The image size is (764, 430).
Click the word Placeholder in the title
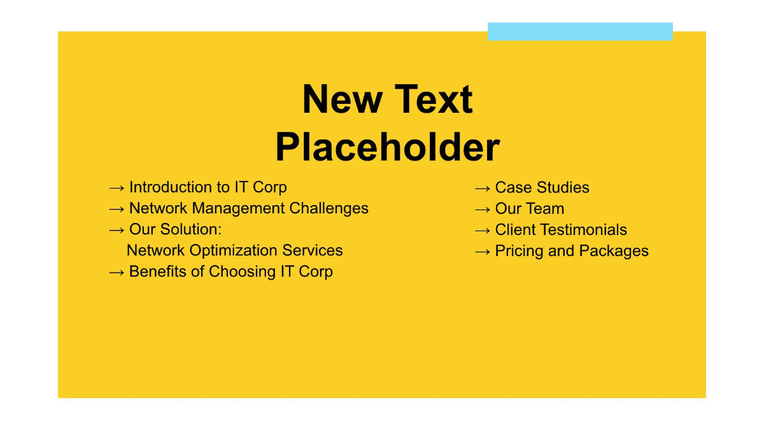[x=387, y=148]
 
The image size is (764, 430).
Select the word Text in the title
[x=432, y=99]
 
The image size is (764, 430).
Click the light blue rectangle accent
[x=580, y=31]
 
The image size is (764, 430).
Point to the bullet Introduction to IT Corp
[x=208, y=187]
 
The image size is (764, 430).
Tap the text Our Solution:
[x=175, y=229]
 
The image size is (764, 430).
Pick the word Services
[x=313, y=250]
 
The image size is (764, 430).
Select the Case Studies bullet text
[x=542, y=187]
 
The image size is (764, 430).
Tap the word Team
[x=547, y=208]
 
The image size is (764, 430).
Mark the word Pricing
[x=519, y=251]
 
